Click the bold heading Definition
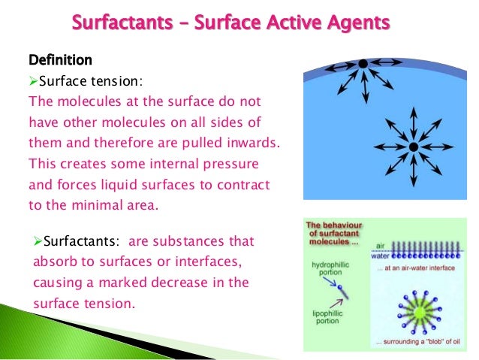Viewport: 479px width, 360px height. [x=60, y=59]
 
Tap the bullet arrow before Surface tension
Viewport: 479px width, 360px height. [x=32, y=80]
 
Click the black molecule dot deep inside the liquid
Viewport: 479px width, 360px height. [x=413, y=145]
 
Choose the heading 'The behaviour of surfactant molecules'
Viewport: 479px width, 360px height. [x=339, y=232]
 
